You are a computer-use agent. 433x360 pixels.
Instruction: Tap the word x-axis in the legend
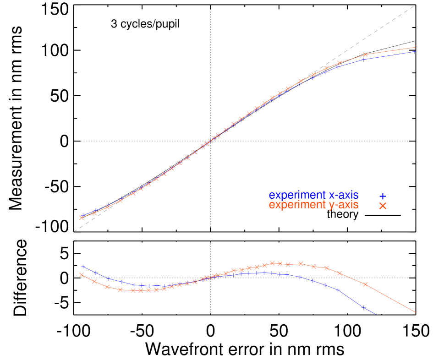tap(344, 196)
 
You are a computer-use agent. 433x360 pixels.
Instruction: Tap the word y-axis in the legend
tap(344, 205)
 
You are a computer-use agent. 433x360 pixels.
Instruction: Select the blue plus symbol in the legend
tap(383, 196)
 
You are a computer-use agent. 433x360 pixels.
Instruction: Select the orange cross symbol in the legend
tap(383, 206)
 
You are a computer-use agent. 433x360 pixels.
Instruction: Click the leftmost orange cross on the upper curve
tap(82, 218)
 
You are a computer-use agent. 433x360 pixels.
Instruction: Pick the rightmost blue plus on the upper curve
tap(415, 52)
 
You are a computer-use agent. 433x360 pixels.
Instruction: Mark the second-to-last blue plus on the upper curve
tap(363, 59)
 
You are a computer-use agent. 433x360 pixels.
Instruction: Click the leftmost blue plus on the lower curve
tap(83, 267)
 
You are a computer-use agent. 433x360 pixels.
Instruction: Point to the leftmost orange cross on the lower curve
tap(82, 275)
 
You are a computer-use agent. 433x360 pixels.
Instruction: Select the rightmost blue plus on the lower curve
tap(363, 308)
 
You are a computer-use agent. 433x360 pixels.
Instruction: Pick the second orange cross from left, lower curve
tap(94, 282)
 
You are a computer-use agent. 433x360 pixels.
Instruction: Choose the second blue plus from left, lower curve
tap(95, 273)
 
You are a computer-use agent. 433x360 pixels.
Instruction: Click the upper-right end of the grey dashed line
tap(415, 5)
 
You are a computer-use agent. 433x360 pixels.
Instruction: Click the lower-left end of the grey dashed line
tap(74, 231)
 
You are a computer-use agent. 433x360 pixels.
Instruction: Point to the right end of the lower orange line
tap(415, 313)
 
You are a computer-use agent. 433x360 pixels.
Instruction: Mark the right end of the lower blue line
tap(376, 314)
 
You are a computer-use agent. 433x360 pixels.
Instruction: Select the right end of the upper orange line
tap(415, 47)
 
